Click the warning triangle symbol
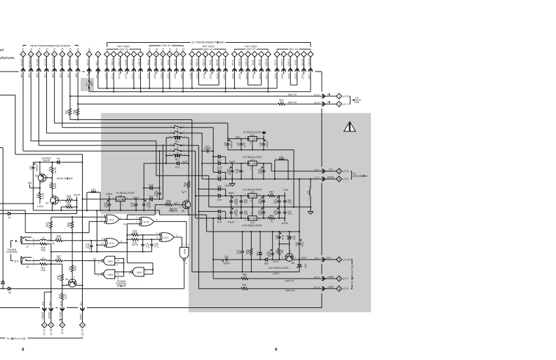[x=349, y=127]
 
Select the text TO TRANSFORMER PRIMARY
[x=206, y=42]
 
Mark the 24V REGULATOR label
[x=279, y=268]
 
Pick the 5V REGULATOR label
[x=124, y=192]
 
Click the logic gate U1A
[x=112, y=220]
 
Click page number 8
[x=22, y=349]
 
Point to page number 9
[x=276, y=349]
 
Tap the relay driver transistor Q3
[x=187, y=205]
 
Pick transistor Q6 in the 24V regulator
[x=288, y=258]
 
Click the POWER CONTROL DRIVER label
[x=121, y=284]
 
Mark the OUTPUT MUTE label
[x=46, y=159]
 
